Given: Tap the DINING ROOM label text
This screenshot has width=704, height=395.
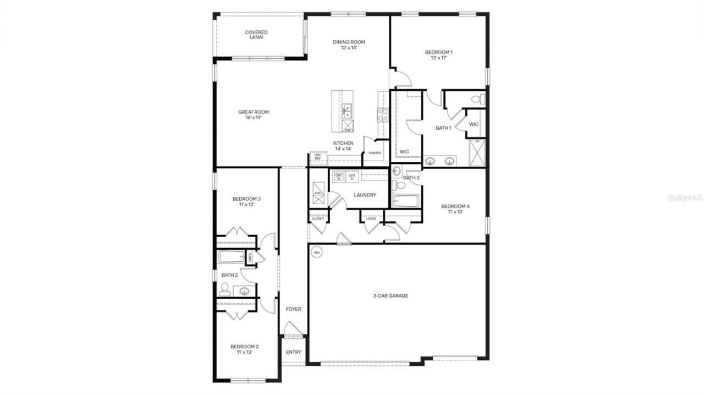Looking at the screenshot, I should point(349,42).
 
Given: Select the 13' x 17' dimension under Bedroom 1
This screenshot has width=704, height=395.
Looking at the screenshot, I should point(438,58).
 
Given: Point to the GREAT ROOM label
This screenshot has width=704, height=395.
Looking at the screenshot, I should point(254,112).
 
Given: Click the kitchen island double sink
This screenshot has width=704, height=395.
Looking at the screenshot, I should point(347,111).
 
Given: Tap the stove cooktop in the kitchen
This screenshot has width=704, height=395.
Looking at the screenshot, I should point(382,114).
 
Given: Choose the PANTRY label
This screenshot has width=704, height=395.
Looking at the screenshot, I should point(375,153).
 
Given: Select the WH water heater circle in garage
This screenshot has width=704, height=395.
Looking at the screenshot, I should point(316,253).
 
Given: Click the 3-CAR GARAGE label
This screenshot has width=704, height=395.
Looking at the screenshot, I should point(391,295).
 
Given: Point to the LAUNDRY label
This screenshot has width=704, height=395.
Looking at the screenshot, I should point(365,195).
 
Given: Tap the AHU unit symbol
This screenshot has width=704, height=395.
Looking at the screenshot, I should point(318,193).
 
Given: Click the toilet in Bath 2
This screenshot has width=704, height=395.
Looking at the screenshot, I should point(224,289).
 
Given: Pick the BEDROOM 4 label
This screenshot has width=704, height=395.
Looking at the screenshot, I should point(455,206).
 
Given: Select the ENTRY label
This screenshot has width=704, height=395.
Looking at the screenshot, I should point(294,352).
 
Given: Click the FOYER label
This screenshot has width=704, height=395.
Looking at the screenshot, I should point(293,309).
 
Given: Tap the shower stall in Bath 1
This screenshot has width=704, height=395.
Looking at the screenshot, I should point(476,152).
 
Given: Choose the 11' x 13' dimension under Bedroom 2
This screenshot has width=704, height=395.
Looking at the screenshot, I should point(244,353).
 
